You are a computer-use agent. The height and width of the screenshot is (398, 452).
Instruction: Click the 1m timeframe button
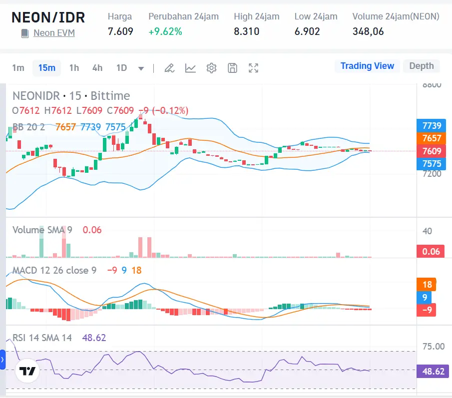18,68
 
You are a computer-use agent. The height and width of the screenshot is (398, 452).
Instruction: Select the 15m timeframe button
46,68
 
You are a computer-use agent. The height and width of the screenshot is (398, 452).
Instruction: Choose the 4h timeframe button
97,68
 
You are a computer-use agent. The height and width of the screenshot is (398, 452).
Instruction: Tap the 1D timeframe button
121,68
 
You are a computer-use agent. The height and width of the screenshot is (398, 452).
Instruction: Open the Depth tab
422,66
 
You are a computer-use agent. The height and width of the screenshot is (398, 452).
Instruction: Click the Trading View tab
367,66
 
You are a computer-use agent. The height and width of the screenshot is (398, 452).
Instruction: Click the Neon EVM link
54,33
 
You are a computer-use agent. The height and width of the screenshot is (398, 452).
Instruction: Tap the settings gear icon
211,68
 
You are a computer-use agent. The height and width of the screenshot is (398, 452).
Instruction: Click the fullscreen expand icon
254,68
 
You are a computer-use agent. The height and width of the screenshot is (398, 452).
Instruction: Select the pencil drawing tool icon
169,68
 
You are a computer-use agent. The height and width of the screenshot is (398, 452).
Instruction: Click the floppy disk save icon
232,68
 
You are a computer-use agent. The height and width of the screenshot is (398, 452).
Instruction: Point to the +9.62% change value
165,31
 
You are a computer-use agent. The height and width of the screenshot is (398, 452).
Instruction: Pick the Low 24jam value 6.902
307,31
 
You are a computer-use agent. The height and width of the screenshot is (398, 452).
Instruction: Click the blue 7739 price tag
431,126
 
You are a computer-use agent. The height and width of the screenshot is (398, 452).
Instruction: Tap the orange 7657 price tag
431,138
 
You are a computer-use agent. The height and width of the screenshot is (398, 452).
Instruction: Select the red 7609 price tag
431,151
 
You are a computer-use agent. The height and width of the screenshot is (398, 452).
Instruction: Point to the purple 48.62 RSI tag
433,372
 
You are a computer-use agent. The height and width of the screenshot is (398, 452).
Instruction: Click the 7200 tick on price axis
432,174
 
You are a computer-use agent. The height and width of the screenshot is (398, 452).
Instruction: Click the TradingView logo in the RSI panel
27,371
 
